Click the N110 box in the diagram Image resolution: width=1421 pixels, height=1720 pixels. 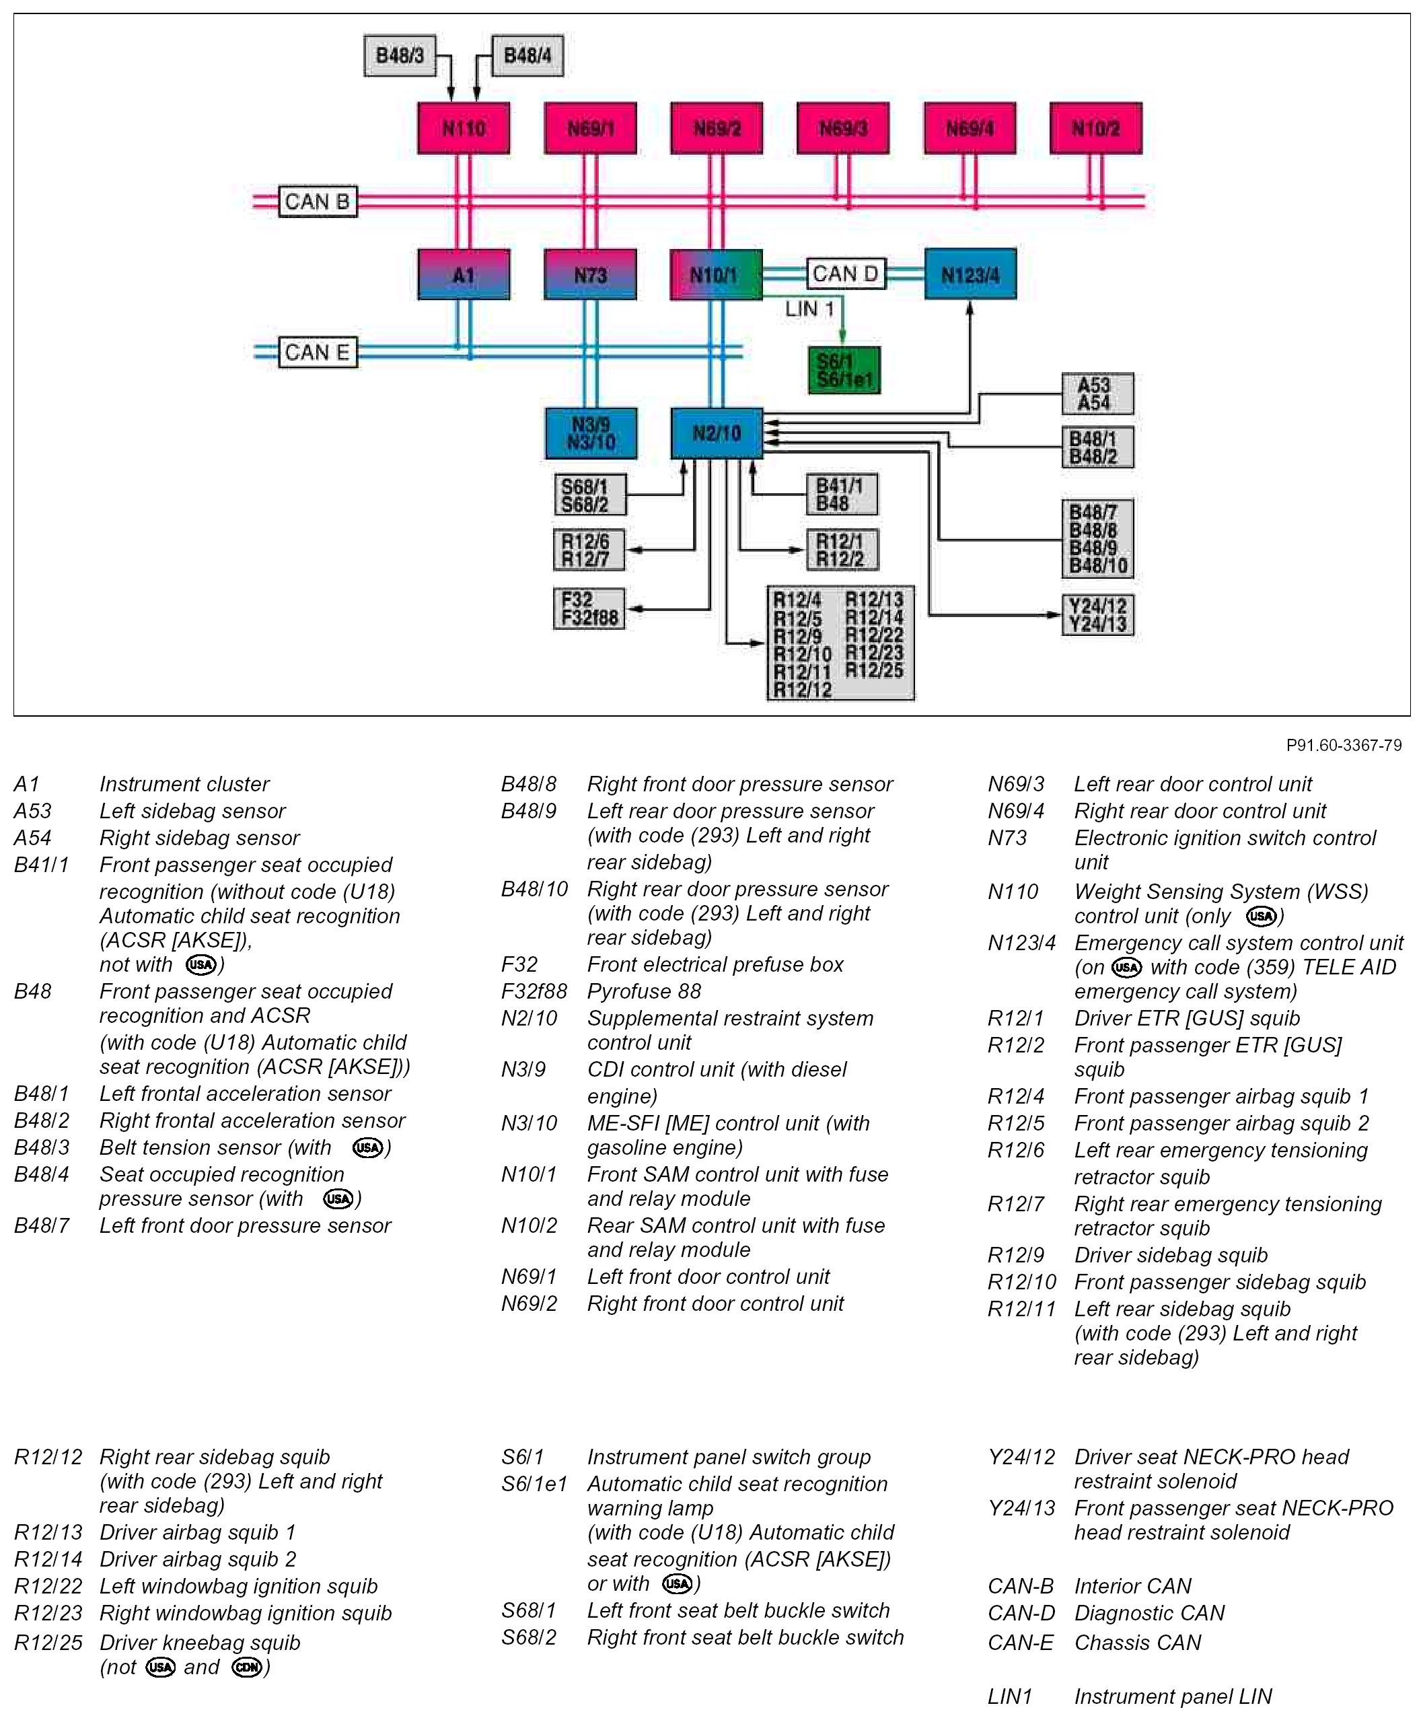[464, 128]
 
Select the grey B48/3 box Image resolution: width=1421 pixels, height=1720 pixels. [400, 56]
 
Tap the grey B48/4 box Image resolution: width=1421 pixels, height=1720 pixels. [527, 56]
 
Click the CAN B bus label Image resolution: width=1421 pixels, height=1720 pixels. [318, 201]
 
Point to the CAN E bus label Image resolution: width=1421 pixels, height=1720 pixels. [318, 352]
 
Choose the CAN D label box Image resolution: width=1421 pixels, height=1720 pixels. [846, 273]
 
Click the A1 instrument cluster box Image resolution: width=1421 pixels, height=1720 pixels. [464, 275]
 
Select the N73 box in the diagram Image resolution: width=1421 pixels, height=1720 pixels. [590, 275]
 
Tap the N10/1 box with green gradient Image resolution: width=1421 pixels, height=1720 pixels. [717, 275]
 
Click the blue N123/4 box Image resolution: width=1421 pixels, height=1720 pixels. [970, 275]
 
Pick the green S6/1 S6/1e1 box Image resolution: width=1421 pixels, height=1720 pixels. [844, 370]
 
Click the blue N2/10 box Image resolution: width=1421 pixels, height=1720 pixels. [717, 433]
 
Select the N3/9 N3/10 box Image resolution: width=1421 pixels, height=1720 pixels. [591, 433]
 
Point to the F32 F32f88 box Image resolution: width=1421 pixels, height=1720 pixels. [589, 609]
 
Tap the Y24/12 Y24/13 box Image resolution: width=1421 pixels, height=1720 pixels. [1097, 615]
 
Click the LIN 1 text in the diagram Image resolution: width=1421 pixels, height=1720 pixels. [809, 310]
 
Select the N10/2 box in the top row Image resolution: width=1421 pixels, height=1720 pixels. [1096, 128]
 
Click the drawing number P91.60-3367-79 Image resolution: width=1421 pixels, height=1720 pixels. [1343, 745]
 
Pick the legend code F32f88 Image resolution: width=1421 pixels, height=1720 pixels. [534, 991]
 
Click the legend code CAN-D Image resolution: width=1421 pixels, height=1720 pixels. [1021, 1613]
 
